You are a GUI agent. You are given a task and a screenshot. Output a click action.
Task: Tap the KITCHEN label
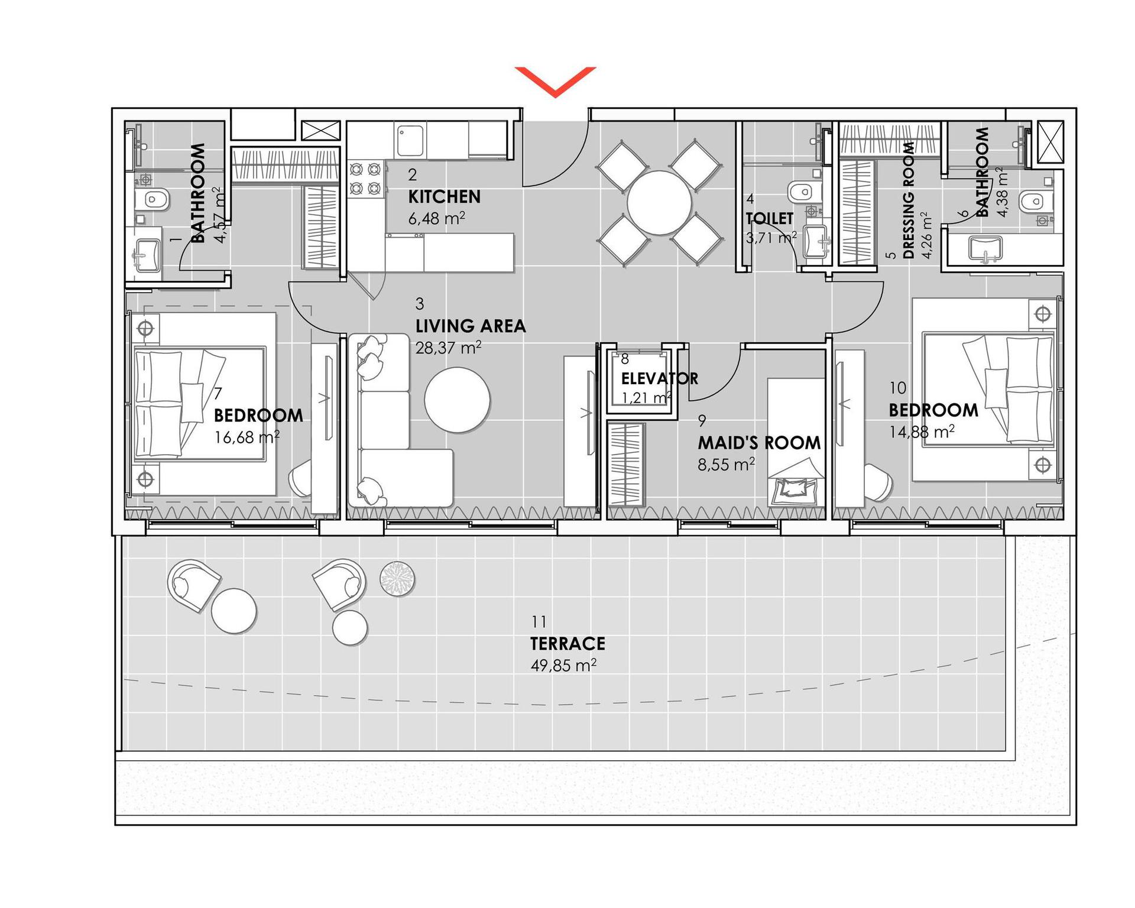(444, 197)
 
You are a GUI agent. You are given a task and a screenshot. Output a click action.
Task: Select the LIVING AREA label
(471, 326)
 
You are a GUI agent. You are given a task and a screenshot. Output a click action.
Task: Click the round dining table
(659, 203)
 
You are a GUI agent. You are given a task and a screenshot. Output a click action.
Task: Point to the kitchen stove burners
(365, 179)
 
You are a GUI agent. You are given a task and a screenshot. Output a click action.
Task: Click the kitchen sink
(410, 140)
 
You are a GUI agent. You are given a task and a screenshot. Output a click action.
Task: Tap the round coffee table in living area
(457, 400)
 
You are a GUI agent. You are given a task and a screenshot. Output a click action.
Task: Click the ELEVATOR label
(660, 378)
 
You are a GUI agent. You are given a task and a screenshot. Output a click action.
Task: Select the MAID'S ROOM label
(759, 443)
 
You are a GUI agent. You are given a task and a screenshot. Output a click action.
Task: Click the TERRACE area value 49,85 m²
(563, 665)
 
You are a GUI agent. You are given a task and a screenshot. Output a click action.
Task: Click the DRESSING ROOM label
(909, 201)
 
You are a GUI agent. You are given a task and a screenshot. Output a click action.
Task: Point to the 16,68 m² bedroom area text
(247, 437)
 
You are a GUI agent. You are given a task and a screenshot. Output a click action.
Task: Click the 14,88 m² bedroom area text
(922, 432)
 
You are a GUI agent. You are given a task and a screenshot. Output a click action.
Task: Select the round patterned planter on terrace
(397, 578)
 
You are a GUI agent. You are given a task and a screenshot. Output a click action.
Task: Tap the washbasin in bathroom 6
(985, 248)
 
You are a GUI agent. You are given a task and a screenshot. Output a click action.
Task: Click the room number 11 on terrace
(539, 622)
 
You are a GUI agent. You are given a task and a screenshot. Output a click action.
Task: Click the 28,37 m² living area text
(448, 348)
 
